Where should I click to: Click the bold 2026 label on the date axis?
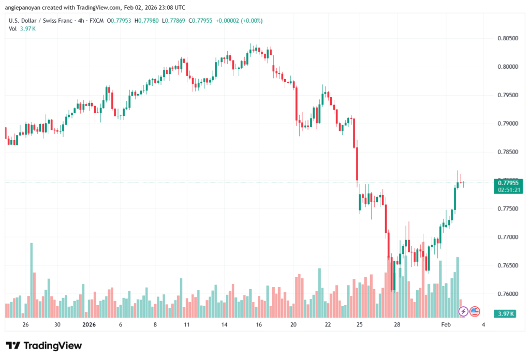pos(90,325)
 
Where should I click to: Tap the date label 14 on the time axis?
pos(225,325)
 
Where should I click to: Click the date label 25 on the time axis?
pos(360,325)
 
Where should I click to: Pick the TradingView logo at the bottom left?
pos(43,346)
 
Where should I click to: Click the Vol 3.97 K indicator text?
pos(22,28)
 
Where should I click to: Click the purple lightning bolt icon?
pos(463,311)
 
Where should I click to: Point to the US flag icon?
pos(475,311)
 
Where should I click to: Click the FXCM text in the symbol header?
pos(96,21)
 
